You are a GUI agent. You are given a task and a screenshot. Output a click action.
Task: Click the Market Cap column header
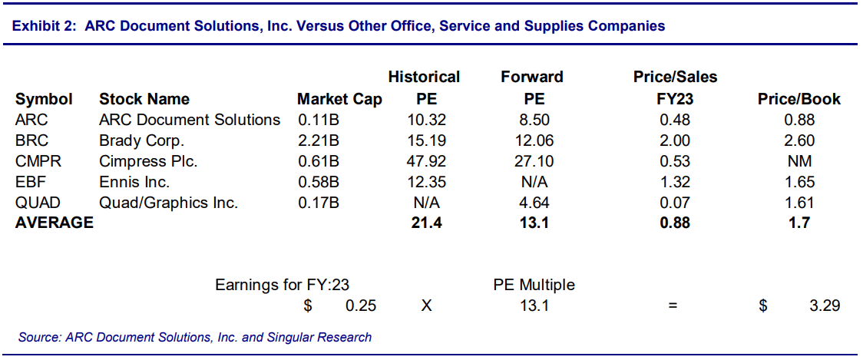point(339,100)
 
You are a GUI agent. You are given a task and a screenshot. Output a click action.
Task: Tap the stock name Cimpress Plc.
point(148,162)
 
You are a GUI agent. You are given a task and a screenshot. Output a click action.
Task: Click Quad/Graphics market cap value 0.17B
point(319,203)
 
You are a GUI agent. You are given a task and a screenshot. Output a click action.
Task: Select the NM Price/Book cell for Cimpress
point(799,162)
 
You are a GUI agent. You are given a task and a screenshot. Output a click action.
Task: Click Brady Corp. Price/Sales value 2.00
point(675,141)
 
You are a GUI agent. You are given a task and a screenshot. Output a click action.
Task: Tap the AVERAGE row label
point(55,223)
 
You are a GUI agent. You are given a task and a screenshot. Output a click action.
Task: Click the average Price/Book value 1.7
point(799,223)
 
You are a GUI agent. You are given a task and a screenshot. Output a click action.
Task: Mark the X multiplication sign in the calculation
point(427,306)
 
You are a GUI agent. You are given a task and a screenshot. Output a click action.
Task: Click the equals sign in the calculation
point(673,306)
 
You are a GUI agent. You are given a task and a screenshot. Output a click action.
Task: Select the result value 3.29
point(824,306)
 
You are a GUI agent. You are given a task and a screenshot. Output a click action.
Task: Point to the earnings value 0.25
point(361,306)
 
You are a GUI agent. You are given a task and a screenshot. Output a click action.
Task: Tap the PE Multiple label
point(534,285)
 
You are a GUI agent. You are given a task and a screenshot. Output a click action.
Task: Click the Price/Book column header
point(799,100)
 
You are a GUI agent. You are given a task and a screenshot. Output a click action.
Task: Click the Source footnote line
point(196,337)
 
